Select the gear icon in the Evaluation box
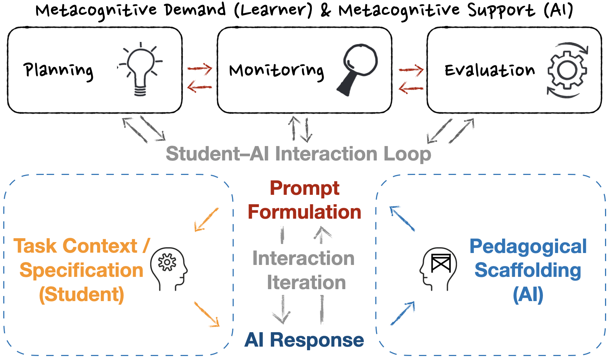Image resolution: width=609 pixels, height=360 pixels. pos(567,70)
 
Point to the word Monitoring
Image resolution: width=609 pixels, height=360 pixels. pos(277,70)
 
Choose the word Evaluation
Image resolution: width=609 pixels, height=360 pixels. pos(489,70)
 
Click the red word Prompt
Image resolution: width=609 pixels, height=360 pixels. pos(304,188)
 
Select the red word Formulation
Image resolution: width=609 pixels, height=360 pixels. pos(304,212)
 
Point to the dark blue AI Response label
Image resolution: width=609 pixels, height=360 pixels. pos(304,340)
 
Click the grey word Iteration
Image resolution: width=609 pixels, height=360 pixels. pos(306,282)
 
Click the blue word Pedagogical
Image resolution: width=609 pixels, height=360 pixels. pos(528,247)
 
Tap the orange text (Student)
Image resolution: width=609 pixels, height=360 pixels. pos(82,294)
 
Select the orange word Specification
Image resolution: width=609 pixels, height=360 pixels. pos(82,270)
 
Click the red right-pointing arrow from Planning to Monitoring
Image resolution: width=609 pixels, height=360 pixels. pos(199,68)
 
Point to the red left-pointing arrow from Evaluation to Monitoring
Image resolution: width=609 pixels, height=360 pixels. pos(411,88)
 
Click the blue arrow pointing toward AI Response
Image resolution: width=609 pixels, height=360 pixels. pos(403,313)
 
